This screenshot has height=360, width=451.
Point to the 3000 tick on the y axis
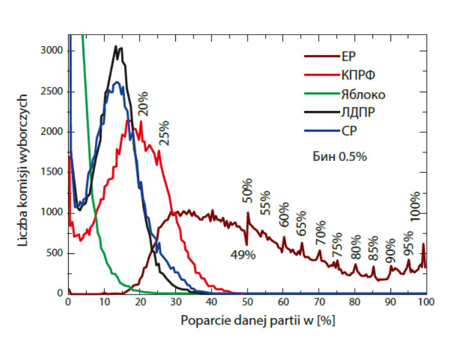coord(52,51)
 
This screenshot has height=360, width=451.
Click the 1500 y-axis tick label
coord(52,172)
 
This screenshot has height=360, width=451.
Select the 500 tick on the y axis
coord(56,253)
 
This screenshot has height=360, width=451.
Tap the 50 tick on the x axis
coord(247,302)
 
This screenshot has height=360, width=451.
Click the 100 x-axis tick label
coord(425,302)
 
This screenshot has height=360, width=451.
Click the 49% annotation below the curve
coord(242,255)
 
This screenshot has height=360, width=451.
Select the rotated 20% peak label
coord(143,102)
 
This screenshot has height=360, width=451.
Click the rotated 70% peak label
coord(321,232)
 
